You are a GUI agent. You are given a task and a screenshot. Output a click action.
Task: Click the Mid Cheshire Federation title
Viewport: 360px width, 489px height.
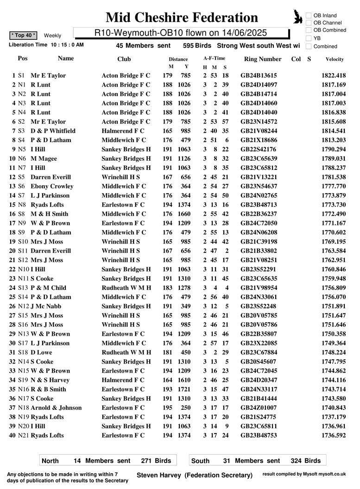point(182,18)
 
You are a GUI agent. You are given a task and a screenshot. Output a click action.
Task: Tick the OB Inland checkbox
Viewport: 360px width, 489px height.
point(309,16)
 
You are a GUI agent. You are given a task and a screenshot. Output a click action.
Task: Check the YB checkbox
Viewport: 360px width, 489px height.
point(309,38)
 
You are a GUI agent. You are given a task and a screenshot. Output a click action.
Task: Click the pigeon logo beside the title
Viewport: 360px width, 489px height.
point(298,17)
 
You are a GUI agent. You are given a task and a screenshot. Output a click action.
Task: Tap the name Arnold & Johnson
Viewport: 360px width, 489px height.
point(56,408)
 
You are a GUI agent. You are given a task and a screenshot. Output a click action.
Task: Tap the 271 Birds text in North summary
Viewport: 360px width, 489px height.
point(156,461)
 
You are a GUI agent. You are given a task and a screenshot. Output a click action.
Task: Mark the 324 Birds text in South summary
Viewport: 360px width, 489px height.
point(306,461)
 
